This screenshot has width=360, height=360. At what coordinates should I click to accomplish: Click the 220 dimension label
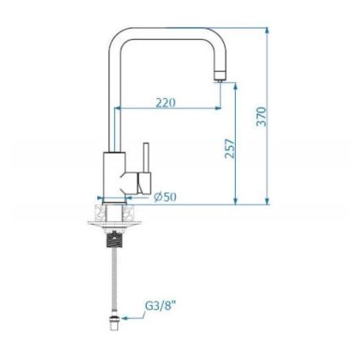[x=166, y=102]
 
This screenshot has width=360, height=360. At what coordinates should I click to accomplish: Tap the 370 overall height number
[x=261, y=116]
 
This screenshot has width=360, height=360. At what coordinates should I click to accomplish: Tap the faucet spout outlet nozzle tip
[x=219, y=76]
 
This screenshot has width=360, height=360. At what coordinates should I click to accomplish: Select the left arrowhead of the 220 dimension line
[x=118, y=108]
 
